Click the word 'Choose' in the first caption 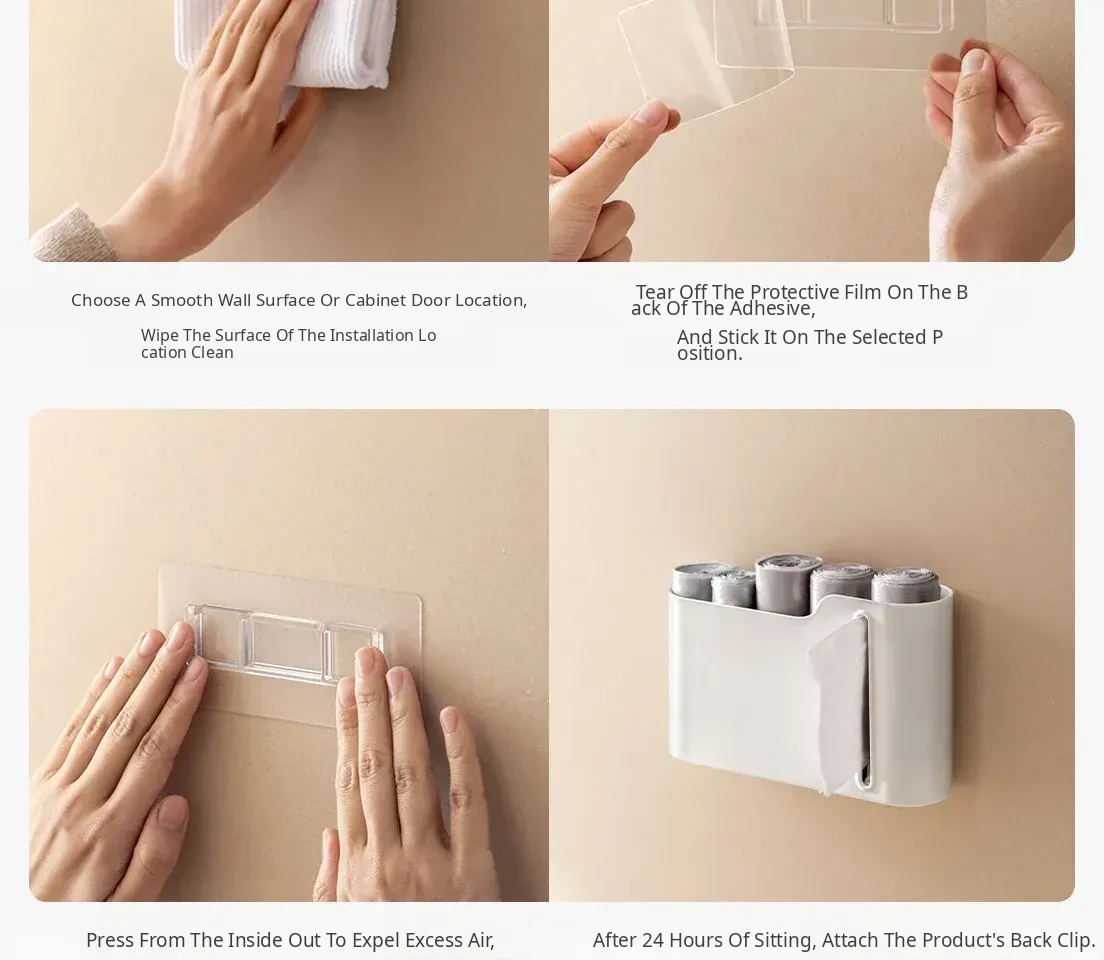(101, 300)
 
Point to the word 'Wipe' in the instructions (159, 335)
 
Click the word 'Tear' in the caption (654, 292)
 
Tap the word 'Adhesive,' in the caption (775, 308)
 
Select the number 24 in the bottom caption (653, 940)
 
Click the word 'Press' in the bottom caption (111, 940)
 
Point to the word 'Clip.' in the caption (1076, 940)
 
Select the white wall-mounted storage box (810, 697)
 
